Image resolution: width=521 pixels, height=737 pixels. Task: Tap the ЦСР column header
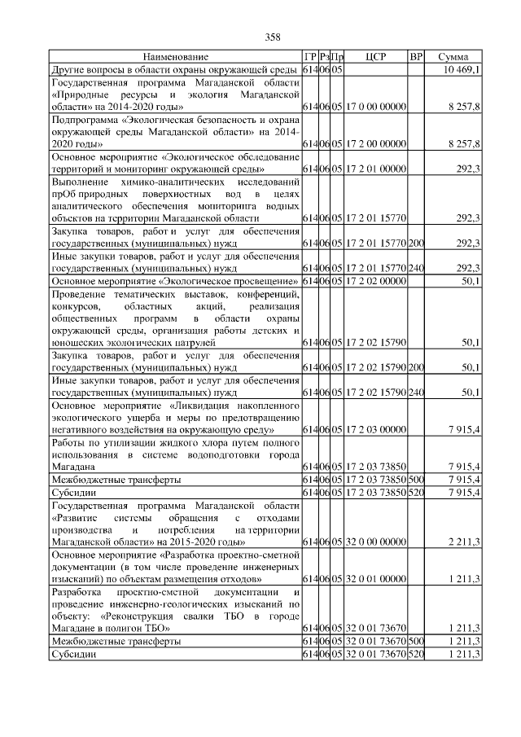[x=375, y=57]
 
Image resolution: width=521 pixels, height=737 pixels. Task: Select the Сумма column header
[x=453, y=57]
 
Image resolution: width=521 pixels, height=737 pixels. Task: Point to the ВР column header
[x=416, y=57]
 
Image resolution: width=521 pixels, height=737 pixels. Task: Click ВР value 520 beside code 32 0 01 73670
[x=416, y=654]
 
